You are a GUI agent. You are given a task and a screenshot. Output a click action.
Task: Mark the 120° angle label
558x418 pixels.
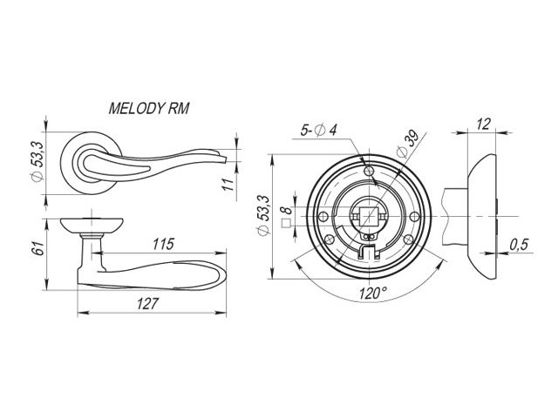(x=373, y=293)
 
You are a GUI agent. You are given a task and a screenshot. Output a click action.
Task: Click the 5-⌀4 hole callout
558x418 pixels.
(x=320, y=131)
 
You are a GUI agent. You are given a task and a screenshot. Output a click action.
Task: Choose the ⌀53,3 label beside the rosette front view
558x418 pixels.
(x=262, y=215)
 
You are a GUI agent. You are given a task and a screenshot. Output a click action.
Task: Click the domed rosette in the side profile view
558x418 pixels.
(x=482, y=214)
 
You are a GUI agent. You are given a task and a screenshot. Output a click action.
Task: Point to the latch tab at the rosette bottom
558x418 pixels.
(x=369, y=253)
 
